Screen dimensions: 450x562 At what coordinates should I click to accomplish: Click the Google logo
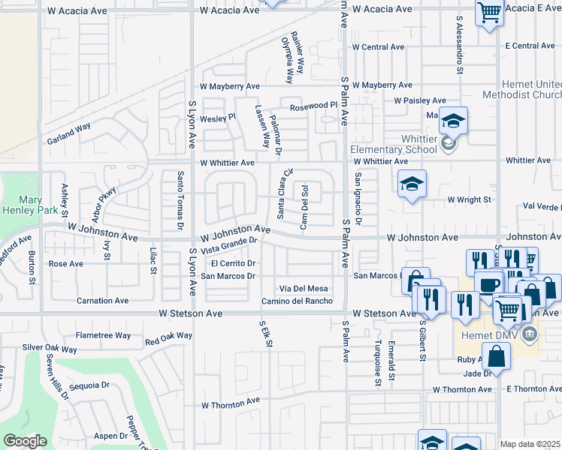coord(25,441)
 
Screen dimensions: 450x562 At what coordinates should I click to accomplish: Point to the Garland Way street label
coord(68,132)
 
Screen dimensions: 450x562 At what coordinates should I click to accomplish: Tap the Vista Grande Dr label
coord(229,246)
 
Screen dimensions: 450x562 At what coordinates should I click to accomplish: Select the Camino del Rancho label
coord(297,301)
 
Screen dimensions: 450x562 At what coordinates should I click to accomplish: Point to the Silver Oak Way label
coord(50,349)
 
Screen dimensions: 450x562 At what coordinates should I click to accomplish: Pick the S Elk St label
coord(264,334)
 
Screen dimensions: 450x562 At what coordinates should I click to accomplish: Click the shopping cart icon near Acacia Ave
coord(489,13)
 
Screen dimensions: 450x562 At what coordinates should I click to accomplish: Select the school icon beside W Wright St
coord(412,184)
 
